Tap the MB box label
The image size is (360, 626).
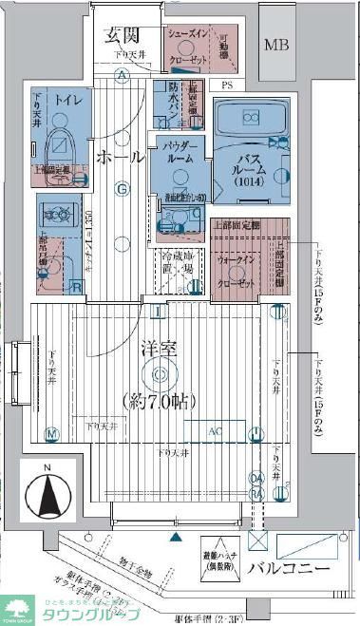point(277,45)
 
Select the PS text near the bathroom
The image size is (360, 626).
point(226,85)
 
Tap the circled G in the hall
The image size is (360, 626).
point(122,189)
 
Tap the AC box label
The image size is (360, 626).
point(215,430)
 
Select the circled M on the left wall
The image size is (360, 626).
point(52,435)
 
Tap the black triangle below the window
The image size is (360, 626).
point(174,537)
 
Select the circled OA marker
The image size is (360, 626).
point(256,478)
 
